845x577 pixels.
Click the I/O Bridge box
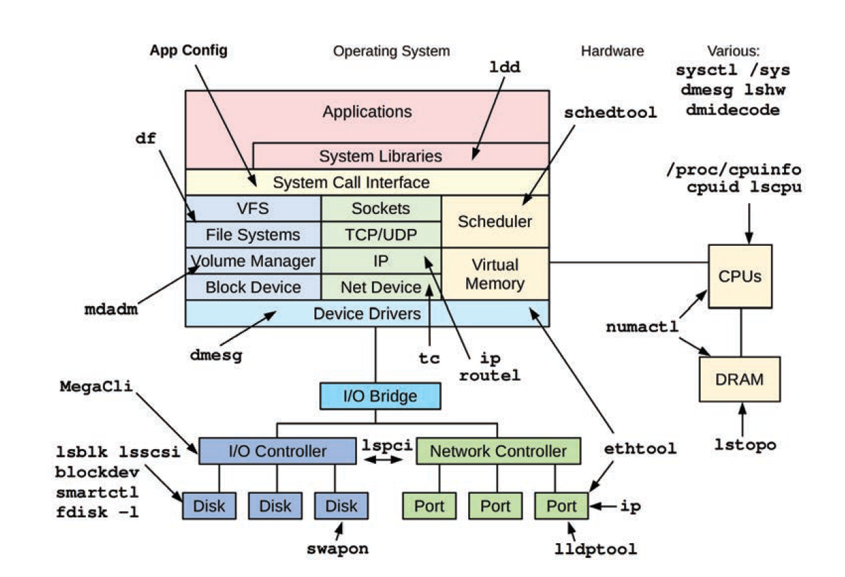coord(379,396)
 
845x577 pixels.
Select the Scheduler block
coord(495,221)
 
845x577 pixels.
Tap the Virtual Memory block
coord(495,274)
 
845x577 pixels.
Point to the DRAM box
coord(739,379)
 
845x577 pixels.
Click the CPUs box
coord(739,276)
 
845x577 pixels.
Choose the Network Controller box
coord(498,451)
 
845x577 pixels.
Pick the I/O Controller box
coord(277,451)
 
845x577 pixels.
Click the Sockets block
coord(381,209)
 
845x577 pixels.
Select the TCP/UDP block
coord(381,235)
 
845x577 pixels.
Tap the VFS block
coord(253,209)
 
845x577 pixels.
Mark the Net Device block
coord(381,287)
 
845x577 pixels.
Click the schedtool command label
coord(610,113)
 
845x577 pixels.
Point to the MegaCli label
coord(96,387)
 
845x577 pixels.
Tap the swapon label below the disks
coord(337,549)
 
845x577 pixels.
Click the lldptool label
coord(595,549)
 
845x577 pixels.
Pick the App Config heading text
coord(188,51)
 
